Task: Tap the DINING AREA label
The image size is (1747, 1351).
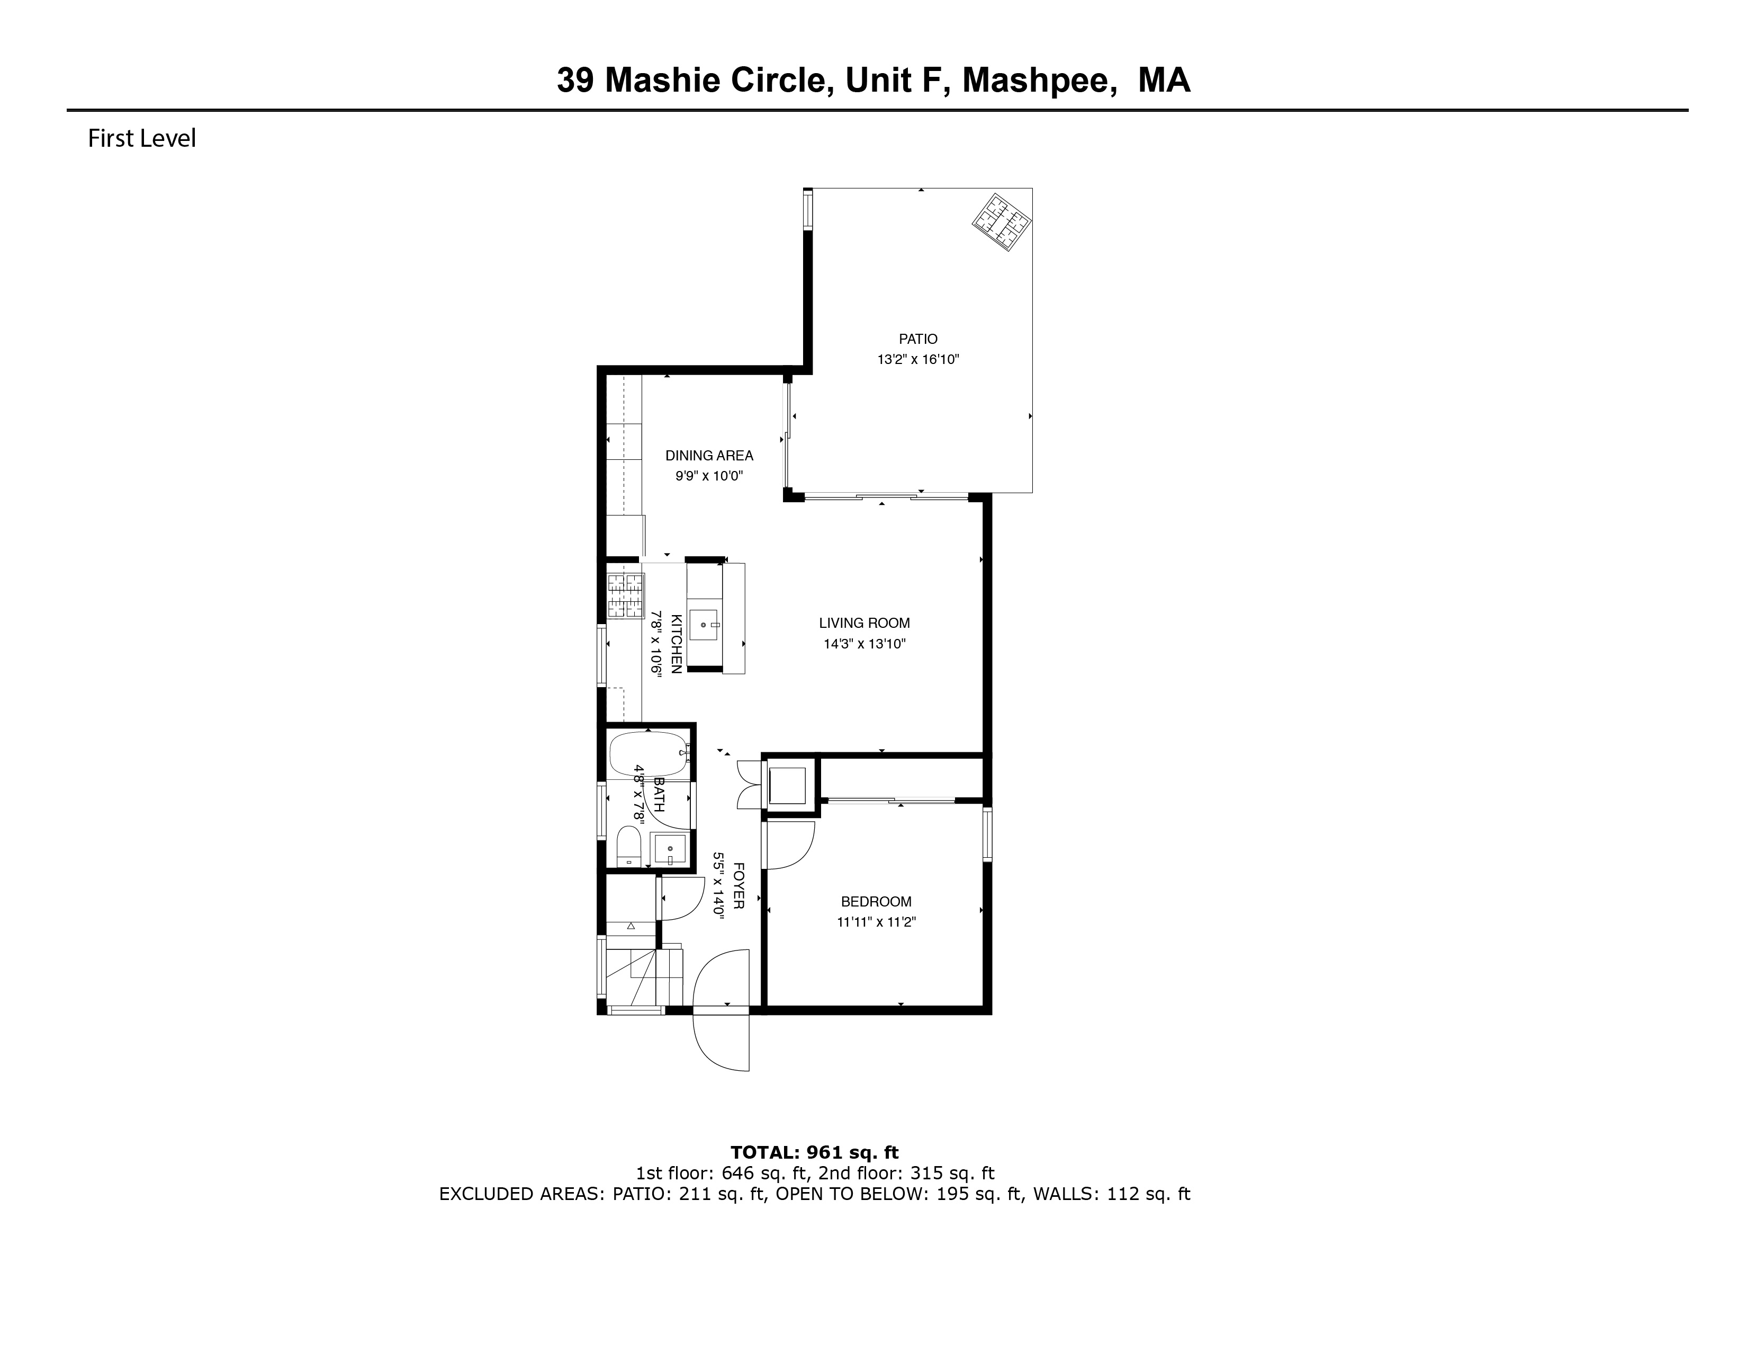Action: click(x=709, y=456)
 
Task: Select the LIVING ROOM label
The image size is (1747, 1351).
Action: click(x=864, y=623)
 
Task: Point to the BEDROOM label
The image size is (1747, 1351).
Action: click(x=876, y=901)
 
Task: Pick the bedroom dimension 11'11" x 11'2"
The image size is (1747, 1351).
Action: click(x=876, y=922)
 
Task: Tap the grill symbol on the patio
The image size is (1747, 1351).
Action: click(x=1002, y=223)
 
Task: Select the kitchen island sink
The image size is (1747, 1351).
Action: click(x=704, y=624)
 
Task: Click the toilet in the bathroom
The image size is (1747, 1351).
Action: click(x=629, y=847)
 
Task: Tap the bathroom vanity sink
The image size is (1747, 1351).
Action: click(x=669, y=848)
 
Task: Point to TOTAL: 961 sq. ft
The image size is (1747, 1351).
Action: click(x=814, y=1152)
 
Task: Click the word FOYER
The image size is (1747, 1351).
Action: click(x=739, y=885)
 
